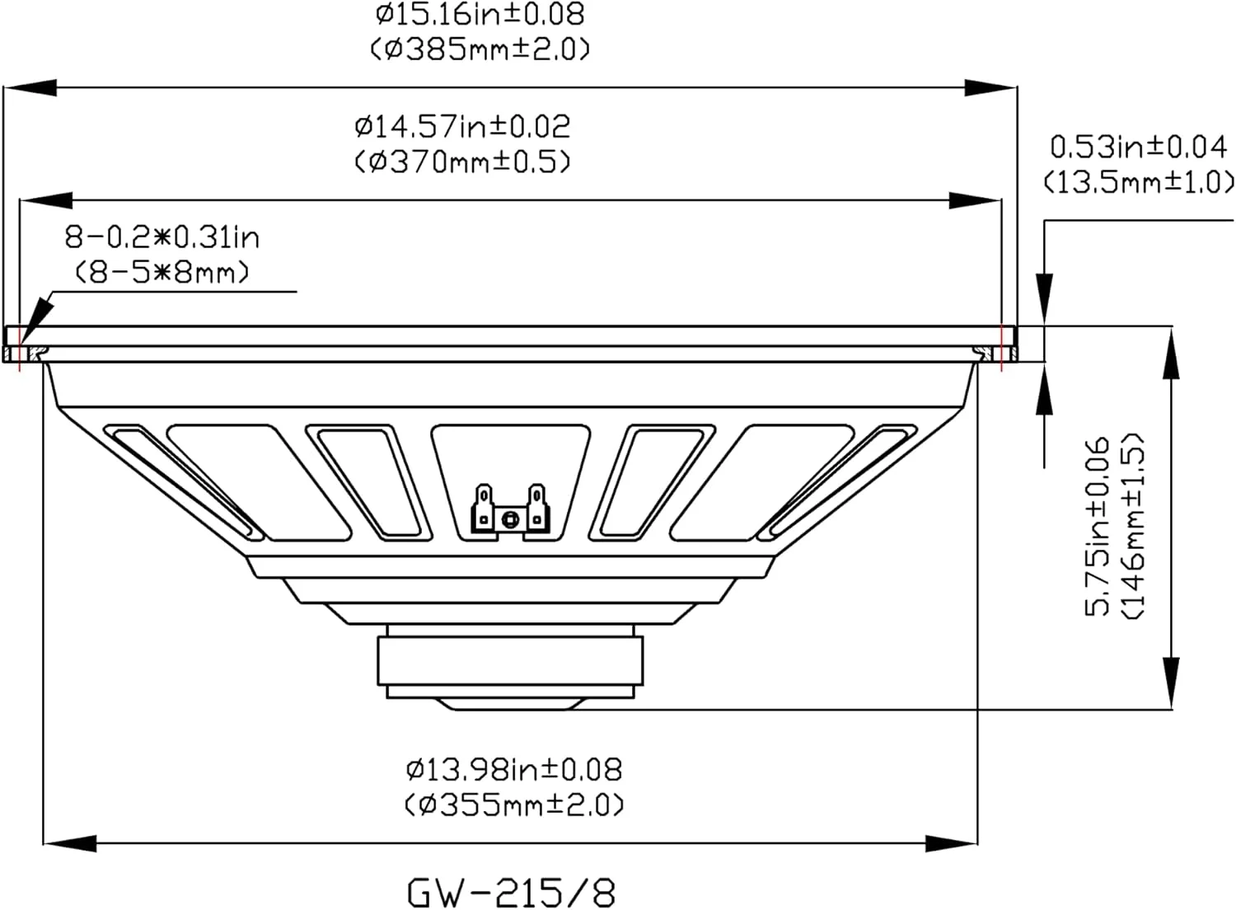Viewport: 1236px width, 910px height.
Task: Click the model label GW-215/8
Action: (x=511, y=891)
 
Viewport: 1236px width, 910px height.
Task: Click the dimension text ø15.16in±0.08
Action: (x=480, y=14)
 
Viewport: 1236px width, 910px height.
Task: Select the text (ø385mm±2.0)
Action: (x=480, y=49)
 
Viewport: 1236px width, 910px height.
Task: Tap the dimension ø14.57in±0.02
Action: (x=461, y=126)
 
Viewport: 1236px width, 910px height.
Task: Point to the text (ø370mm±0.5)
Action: (x=461, y=161)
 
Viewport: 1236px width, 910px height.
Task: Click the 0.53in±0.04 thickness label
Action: (x=1139, y=147)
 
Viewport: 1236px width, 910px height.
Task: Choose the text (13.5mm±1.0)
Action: (x=1139, y=181)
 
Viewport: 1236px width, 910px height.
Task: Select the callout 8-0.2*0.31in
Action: (x=162, y=237)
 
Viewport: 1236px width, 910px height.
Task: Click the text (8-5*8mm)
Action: (x=162, y=271)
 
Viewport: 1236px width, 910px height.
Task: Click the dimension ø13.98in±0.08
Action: (x=513, y=769)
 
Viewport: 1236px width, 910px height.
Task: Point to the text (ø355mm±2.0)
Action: (x=513, y=804)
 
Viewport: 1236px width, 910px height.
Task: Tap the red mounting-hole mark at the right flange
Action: (x=1001, y=346)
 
